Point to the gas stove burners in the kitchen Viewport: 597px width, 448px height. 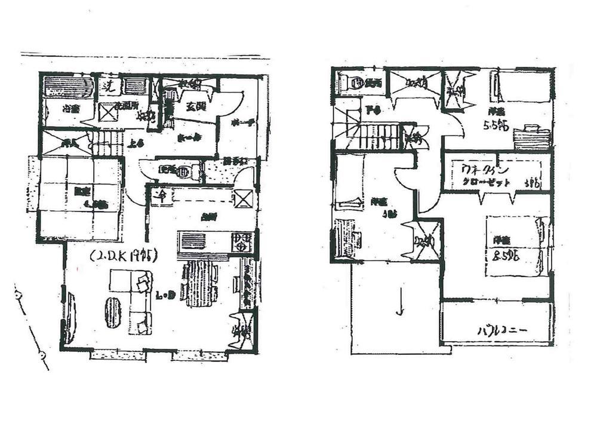point(242,242)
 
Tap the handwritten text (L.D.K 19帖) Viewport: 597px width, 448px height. point(124,257)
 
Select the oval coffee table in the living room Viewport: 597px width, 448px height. point(113,312)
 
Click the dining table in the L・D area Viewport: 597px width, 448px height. point(199,283)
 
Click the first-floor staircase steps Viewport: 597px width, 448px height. point(108,144)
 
